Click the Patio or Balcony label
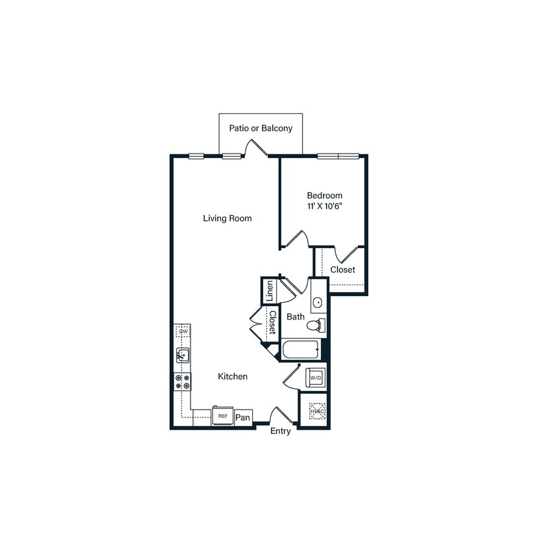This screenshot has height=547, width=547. click(261, 128)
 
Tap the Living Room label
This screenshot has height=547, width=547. click(227, 218)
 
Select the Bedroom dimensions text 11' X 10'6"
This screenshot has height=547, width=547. click(325, 207)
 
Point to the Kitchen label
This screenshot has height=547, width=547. click(232, 377)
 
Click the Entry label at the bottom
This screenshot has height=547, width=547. click(281, 432)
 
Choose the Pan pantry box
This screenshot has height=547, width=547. click(243, 417)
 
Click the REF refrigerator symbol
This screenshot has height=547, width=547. click(222, 416)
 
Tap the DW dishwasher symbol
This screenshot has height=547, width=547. click(183, 332)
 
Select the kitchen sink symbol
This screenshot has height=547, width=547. click(183, 355)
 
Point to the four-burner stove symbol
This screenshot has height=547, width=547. click(182, 382)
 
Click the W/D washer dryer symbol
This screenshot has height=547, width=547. click(316, 377)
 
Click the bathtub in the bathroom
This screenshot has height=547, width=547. click(301, 351)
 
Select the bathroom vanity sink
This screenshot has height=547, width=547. click(318, 303)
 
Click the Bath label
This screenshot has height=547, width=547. click(296, 317)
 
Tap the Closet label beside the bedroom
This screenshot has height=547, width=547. click(342, 270)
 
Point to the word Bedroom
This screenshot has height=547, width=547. click(325, 195)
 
